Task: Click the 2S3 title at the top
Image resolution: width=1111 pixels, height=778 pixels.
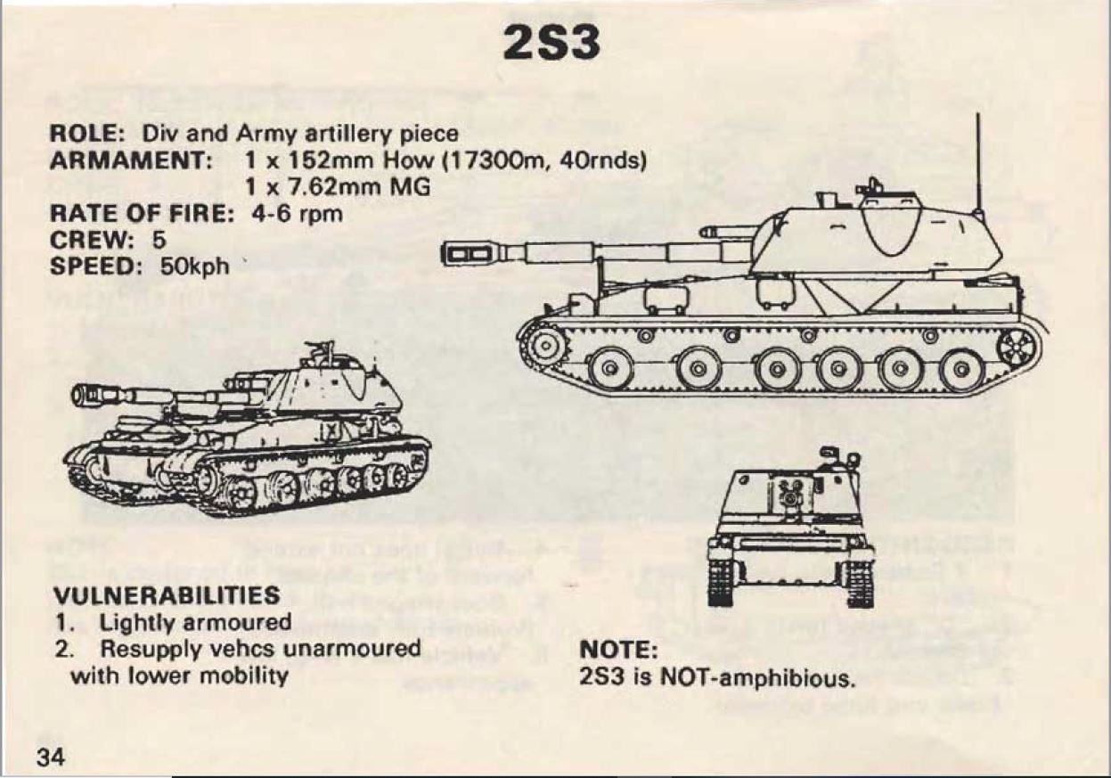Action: (x=551, y=43)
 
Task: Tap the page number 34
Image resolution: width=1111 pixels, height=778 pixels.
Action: (x=51, y=758)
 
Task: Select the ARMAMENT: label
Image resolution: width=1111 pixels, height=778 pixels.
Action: (x=132, y=160)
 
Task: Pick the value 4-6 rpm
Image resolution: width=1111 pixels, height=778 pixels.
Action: (x=297, y=215)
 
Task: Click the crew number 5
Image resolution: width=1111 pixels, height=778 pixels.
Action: (x=159, y=240)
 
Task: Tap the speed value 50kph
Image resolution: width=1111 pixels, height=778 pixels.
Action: (x=194, y=267)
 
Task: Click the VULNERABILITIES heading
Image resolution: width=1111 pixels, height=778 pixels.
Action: (x=167, y=595)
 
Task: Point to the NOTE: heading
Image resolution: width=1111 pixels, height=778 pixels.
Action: (x=618, y=650)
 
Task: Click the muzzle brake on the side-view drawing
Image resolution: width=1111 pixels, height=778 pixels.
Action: (x=470, y=254)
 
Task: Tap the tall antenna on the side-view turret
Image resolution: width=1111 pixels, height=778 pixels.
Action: (x=977, y=164)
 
